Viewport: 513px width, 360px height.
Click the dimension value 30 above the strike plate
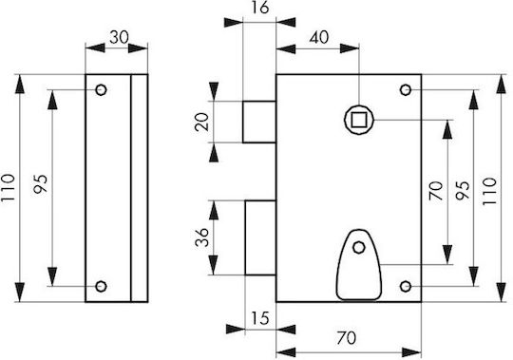[x=119, y=37]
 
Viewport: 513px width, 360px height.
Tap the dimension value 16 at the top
[x=260, y=8]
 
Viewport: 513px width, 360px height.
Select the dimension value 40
[x=319, y=38]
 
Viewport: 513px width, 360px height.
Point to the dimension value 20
[x=201, y=122]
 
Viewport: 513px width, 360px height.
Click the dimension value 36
[x=201, y=237]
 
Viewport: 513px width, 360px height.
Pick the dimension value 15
[x=260, y=318]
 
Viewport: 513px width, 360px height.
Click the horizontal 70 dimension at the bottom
[x=346, y=338]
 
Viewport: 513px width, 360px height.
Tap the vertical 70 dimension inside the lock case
[x=436, y=191]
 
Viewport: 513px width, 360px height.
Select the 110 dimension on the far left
[x=8, y=188]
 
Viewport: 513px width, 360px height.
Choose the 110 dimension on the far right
[x=490, y=191]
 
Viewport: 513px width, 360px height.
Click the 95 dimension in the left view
[x=41, y=184]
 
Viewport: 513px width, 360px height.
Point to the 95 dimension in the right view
[x=463, y=190]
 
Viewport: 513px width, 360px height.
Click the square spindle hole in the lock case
[x=359, y=120]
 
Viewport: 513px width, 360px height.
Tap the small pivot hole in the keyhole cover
[x=359, y=248]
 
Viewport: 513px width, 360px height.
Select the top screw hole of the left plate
[x=101, y=89]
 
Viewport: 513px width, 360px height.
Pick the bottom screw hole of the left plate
[x=101, y=287]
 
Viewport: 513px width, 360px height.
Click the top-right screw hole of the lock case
[x=406, y=89]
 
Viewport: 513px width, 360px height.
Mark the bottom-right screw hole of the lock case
[x=406, y=287]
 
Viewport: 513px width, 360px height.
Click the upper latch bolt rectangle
[x=259, y=122]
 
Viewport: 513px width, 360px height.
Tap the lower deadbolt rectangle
[x=260, y=237]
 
